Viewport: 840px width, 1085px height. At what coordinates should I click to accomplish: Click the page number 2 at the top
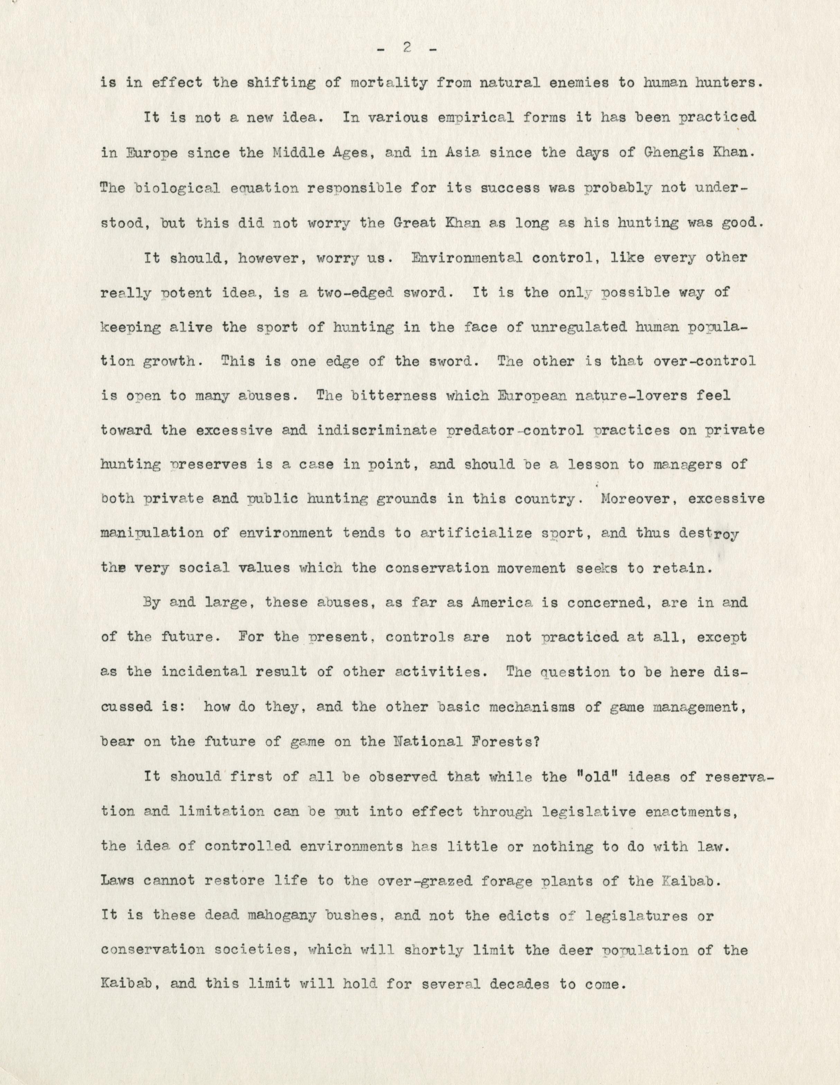click(407, 48)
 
